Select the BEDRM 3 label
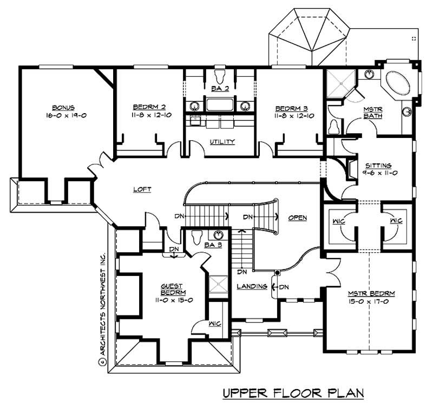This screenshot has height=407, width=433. coord(287,107)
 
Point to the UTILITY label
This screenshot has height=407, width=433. coord(222,142)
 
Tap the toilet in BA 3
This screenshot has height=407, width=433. coord(198,235)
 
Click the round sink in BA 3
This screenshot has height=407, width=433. coord(219,234)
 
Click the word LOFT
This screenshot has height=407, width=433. coord(142,189)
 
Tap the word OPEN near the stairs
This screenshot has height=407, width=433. coord(298,218)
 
